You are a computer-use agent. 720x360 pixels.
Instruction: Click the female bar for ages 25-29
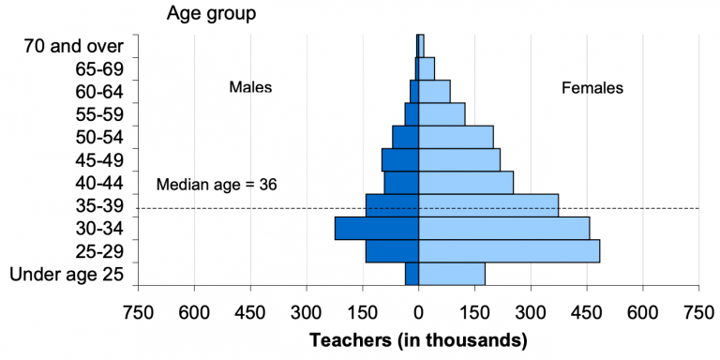click(509, 251)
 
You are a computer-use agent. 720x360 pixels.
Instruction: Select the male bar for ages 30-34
click(376, 228)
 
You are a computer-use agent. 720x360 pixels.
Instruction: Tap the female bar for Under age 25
click(452, 274)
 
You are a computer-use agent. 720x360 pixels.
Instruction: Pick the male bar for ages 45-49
click(399, 159)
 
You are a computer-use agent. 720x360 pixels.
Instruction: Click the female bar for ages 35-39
click(488, 205)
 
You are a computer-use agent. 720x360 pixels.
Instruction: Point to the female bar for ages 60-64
click(434, 91)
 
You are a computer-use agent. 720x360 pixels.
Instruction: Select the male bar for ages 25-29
click(392, 251)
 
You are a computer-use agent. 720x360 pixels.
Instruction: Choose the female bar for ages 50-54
click(456, 137)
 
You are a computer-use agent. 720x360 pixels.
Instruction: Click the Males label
click(250, 87)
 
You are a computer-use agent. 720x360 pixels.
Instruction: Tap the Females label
click(592, 88)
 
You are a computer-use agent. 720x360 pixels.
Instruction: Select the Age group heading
click(211, 13)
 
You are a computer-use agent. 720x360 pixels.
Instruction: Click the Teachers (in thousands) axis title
click(418, 338)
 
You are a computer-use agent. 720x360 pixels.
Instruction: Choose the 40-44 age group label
click(94, 182)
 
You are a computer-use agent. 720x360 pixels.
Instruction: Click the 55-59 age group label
click(94, 113)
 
